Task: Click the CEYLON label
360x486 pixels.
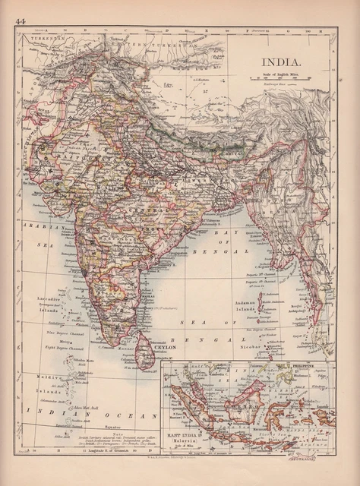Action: tap(166, 348)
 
